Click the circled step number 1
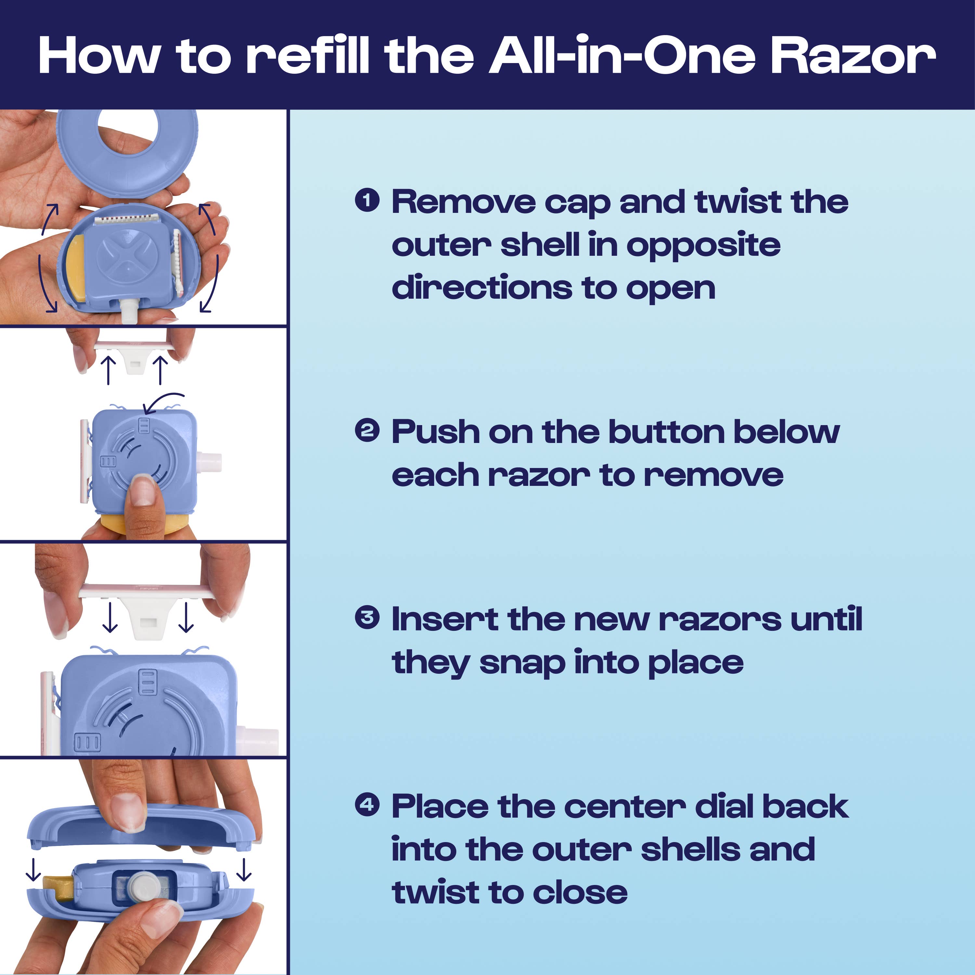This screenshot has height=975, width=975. pyautogui.click(x=367, y=200)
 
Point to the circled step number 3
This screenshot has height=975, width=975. pyautogui.click(x=367, y=618)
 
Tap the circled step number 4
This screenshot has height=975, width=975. pyautogui.click(x=367, y=804)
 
